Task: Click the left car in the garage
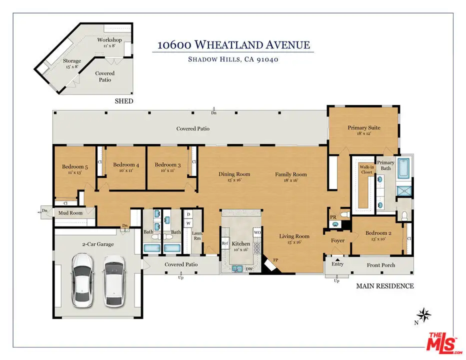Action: (82, 280)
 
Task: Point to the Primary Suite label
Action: (364, 127)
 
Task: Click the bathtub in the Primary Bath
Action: (404, 168)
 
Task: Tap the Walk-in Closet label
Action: (366, 169)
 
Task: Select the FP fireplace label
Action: (275, 260)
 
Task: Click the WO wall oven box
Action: (257, 232)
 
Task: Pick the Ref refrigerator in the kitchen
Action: (225, 243)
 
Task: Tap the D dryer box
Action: (188, 214)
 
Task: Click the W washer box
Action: (188, 223)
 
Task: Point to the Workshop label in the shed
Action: (109, 39)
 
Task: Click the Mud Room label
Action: (70, 213)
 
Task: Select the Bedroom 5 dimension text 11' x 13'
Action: (74, 172)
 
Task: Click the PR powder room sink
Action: (335, 224)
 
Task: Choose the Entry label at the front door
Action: (337, 264)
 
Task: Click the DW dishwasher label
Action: (249, 269)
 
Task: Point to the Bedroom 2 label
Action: (378, 233)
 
